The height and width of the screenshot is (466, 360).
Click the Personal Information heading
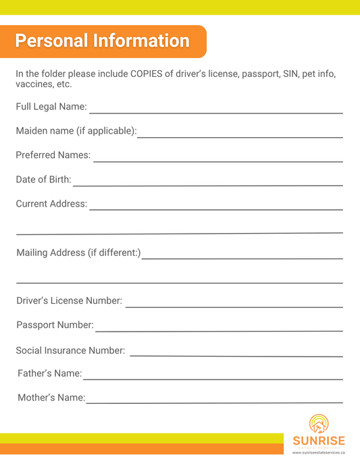tap(103, 41)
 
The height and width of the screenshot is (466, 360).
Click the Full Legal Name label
tap(51, 107)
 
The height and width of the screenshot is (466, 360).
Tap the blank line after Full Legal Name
tap(216, 111)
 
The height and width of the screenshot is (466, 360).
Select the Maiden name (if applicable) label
tap(76, 130)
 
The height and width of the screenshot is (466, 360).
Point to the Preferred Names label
tap(53, 155)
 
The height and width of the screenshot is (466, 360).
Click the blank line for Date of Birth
tap(208, 184)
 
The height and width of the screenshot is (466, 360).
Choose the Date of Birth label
tap(43, 179)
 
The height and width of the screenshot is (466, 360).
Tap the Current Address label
tap(51, 203)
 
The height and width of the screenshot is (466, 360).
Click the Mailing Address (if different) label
tap(78, 253)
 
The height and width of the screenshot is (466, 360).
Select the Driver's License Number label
tap(69, 301)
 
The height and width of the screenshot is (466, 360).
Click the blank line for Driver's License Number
tap(234, 306)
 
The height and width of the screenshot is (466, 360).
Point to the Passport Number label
tap(55, 325)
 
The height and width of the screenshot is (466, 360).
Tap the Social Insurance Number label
tap(70, 351)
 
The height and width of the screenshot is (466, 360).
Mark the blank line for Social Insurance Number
tap(236, 355)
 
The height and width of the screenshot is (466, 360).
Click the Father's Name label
tap(49, 373)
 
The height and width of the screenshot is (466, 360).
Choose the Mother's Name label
tap(51, 397)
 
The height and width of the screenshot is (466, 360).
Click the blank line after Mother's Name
tap(215, 402)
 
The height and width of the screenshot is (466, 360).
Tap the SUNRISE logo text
tap(318, 441)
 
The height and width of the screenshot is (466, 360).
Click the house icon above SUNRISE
tap(318, 423)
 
